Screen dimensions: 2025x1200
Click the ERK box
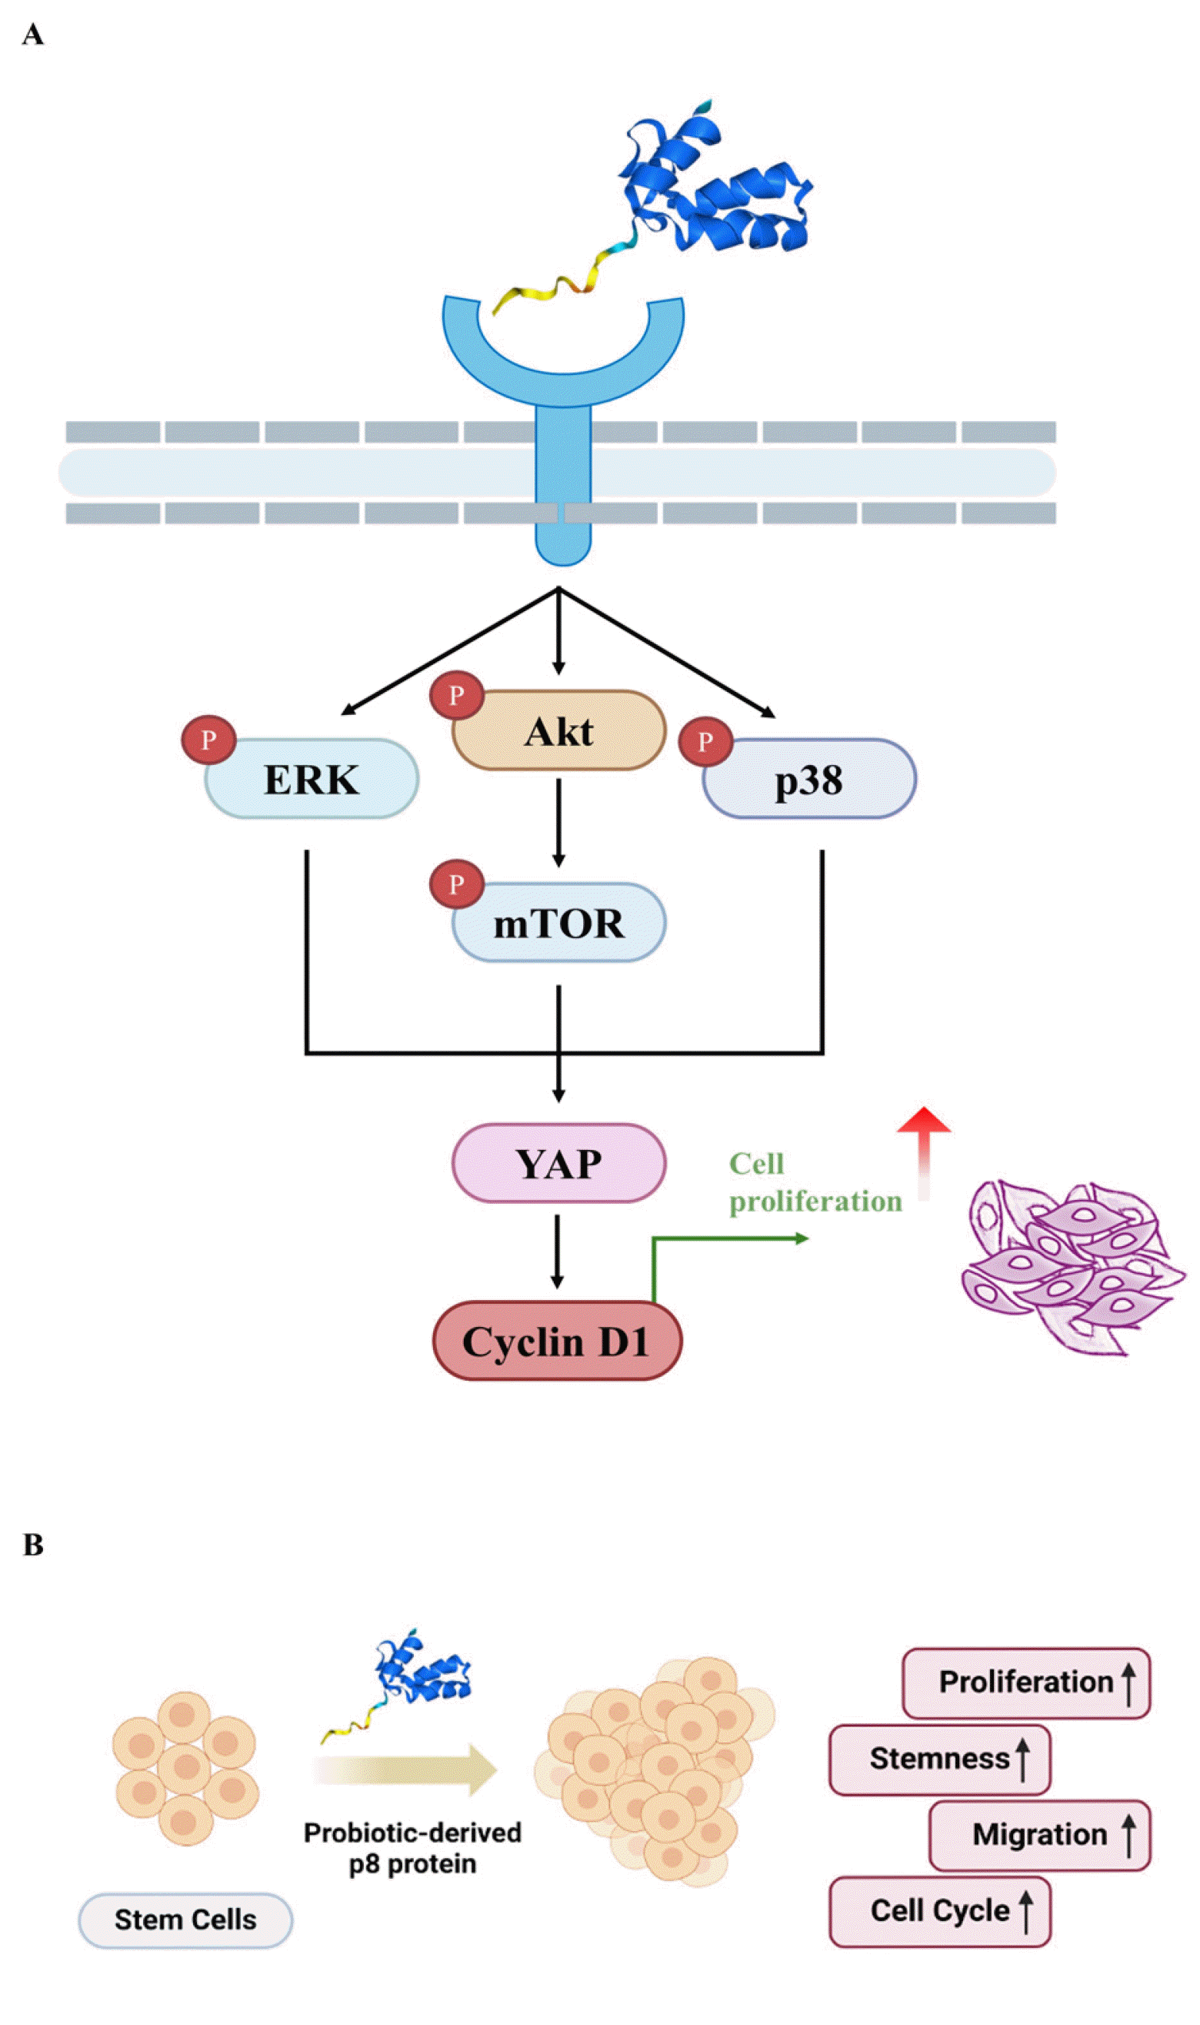pos(312,778)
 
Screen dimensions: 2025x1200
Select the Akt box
pos(558,730)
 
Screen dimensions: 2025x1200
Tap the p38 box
pos(809,778)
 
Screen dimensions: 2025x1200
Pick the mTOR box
pos(558,922)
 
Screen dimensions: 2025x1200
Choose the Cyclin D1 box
pos(557,1341)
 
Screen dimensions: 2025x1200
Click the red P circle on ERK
pos(208,740)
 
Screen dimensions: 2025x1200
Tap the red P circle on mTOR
pos(457,884)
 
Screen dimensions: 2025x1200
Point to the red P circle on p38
pos(705,741)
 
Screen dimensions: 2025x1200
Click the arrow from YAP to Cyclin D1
pos(557,1251)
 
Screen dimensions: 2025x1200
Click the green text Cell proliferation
pos(815,1183)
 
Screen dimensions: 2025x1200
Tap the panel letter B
pos(33,1545)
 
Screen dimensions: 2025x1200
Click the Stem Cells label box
pos(185,1920)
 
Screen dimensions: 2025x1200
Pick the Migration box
pos(1040,1835)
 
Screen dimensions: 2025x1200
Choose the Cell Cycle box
pos(940,1911)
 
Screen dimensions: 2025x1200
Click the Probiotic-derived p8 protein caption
pos(412,1848)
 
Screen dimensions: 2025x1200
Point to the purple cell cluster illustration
pos(1072,1266)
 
